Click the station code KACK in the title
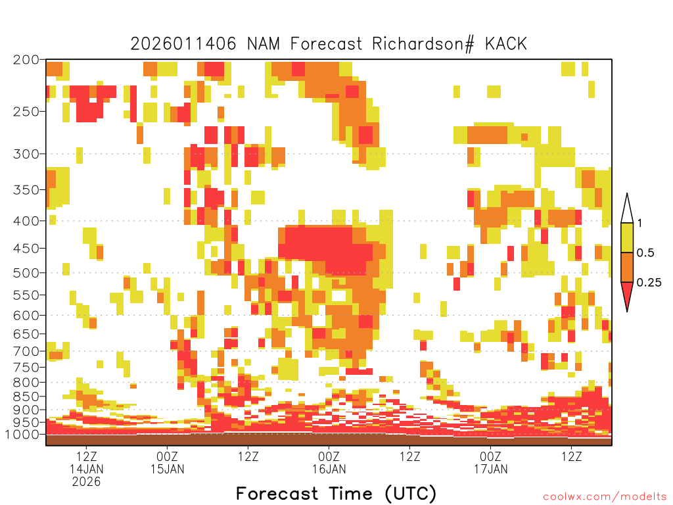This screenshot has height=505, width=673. coord(505,44)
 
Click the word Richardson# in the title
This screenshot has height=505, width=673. coord(423,44)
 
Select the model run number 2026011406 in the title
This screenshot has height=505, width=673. coord(183,44)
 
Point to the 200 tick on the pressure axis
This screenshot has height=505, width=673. coord(26,60)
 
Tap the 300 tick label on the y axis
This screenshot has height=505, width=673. coord(26,154)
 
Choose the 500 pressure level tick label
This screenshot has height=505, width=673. coord(26,273)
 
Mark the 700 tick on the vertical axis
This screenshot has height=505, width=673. coord(26,351)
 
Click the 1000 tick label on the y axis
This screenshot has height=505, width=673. coord(22,435)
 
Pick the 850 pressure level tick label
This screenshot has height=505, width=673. coord(26,397)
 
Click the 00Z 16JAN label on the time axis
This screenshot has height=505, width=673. coord(329,462)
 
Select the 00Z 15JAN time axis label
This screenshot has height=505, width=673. coord(167,462)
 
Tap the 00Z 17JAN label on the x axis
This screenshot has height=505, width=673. coord(490,462)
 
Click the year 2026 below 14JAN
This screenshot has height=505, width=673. coord(86,482)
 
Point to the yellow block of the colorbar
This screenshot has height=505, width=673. coord(627,237)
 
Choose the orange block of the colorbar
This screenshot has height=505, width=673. coord(627,267)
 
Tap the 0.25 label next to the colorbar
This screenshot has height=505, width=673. coord(649,283)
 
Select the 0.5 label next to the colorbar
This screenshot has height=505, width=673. coord(645,253)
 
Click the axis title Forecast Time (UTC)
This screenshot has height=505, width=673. coord(336,494)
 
